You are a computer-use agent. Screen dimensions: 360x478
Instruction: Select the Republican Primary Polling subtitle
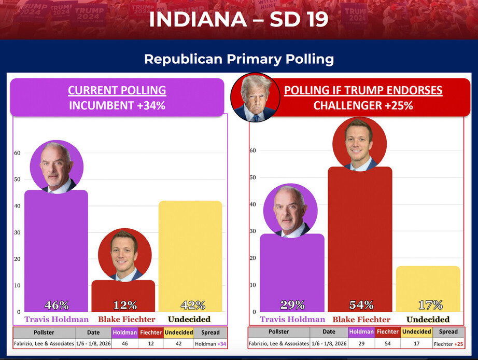[x=238, y=59]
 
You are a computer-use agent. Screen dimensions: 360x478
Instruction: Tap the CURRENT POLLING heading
[x=117, y=90]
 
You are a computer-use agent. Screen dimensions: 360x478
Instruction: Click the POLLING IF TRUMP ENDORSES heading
[x=363, y=90]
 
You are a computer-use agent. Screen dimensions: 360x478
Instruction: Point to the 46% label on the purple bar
[x=56, y=305]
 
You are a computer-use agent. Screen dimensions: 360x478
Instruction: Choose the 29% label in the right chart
[x=292, y=305]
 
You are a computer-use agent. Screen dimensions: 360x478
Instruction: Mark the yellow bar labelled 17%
[x=428, y=288]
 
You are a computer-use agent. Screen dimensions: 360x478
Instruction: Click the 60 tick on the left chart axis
[x=17, y=153]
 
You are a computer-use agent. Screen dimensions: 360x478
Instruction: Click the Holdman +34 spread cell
[x=210, y=343]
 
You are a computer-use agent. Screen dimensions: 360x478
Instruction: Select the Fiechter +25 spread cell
[x=448, y=343]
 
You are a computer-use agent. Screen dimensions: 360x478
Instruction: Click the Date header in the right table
[x=329, y=331]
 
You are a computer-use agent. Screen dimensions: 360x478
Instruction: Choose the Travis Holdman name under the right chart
[x=292, y=319]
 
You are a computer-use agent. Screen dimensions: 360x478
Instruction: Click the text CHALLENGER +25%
[x=363, y=105]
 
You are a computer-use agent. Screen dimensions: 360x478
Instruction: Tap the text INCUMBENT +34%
[x=117, y=105]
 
